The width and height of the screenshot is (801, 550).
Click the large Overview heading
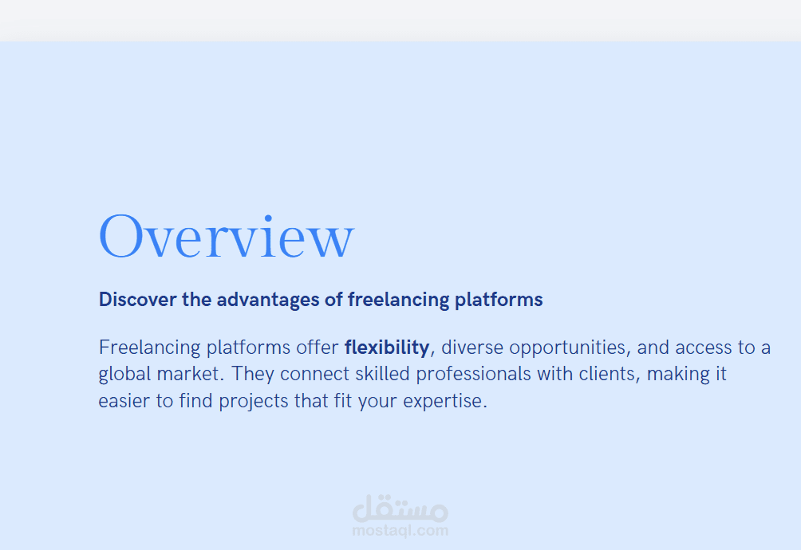(227, 236)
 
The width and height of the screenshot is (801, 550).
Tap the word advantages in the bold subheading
(268, 301)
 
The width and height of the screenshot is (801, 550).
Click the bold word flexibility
(387, 348)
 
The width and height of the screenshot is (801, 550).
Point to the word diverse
(472, 348)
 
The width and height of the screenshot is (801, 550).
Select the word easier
(124, 401)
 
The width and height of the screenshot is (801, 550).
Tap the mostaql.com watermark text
(400, 531)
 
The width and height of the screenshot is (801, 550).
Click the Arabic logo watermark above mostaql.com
(400, 509)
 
